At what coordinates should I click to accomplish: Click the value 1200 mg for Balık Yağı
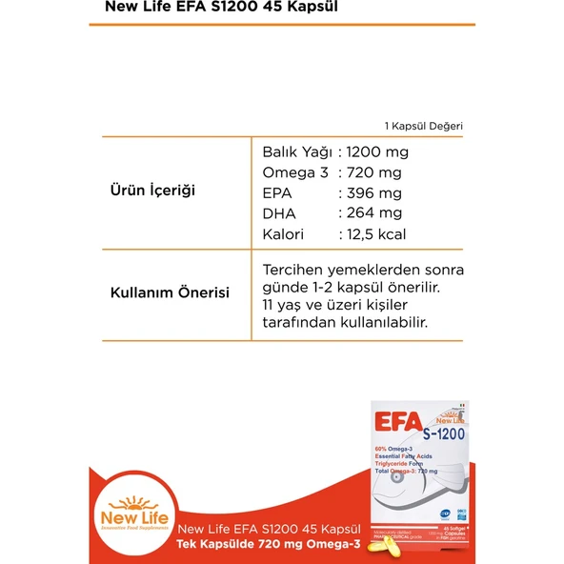click(377, 151)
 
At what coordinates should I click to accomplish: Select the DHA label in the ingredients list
click(278, 213)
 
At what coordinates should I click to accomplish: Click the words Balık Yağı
click(296, 151)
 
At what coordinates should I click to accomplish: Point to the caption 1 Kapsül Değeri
click(424, 125)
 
